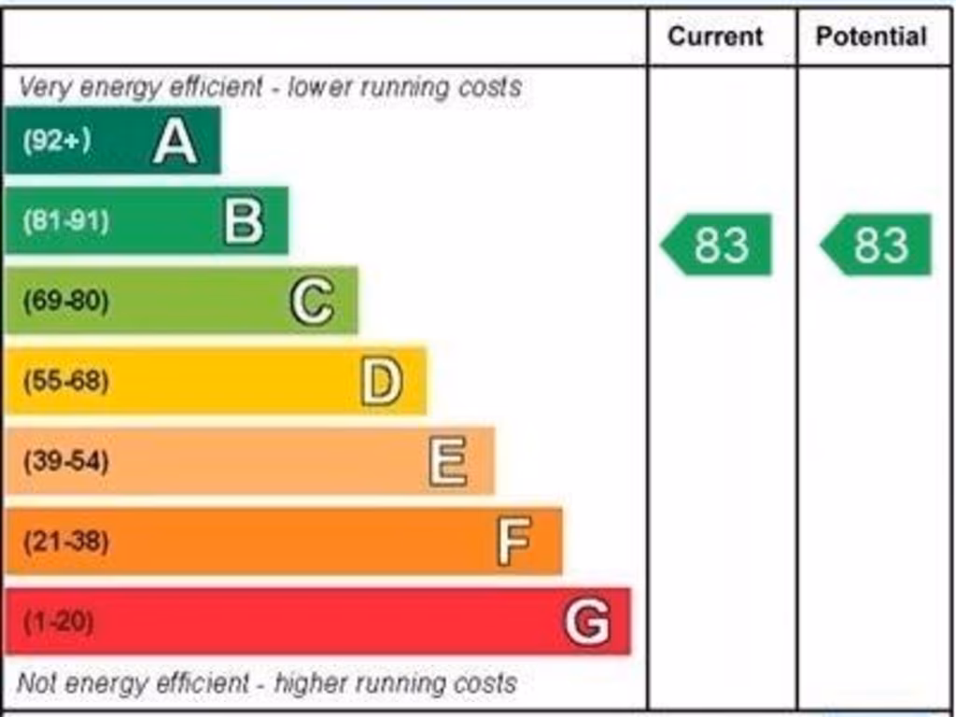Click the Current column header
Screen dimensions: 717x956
tap(715, 36)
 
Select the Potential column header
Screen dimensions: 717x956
tap(871, 36)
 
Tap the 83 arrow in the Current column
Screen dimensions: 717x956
tap(717, 245)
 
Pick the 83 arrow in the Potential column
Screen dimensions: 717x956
tap(877, 245)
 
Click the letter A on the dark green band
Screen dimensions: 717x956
tap(176, 142)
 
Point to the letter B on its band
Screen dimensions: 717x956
tap(244, 222)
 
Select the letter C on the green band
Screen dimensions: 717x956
tap(312, 302)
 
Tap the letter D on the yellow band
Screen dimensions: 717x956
tap(381, 382)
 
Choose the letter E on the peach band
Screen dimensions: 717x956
tap(448, 462)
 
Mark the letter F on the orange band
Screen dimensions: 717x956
tap(514, 541)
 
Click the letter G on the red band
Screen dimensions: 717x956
tap(587, 622)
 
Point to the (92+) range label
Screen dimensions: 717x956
tap(57, 141)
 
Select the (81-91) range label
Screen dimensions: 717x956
tap(65, 221)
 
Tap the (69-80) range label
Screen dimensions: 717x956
tap(65, 302)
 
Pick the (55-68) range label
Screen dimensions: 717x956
tap(65, 382)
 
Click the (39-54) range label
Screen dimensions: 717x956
tap(65, 461)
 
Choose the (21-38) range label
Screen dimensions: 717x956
tap(65, 541)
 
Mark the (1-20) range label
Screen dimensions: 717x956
tap(58, 622)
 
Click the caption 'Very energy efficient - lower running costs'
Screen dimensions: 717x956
tap(270, 88)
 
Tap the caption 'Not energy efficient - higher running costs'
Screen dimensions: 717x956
tap(267, 683)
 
